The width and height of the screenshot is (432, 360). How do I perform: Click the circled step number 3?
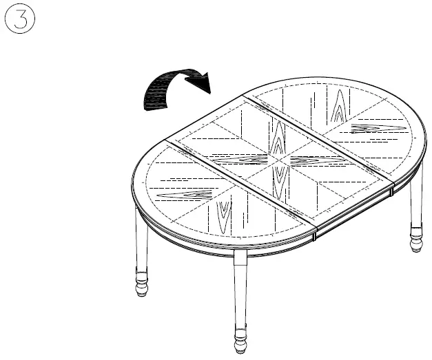pyautogui.click(x=20, y=22)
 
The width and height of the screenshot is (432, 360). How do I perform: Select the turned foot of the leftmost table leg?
pyautogui.click(x=141, y=283)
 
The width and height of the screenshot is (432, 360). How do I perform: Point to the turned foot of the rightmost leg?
pyautogui.click(x=417, y=242)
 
